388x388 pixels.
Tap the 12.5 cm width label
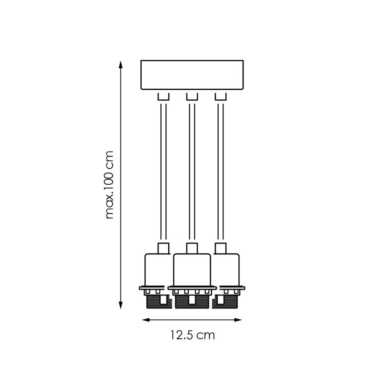[x=192, y=335]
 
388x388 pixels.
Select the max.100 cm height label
[x=109, y=185]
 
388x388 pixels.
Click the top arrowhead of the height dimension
[x=121, y=65]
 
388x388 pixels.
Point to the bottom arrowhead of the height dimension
[x=121, y=305]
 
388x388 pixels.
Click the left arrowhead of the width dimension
[x=146, y=320]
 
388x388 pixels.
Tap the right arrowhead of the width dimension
[x=238, y=320]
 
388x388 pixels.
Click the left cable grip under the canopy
[x=164, y=97]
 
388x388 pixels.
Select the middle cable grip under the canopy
[x=192, y=97]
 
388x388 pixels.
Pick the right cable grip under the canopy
[x=221, y=97]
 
